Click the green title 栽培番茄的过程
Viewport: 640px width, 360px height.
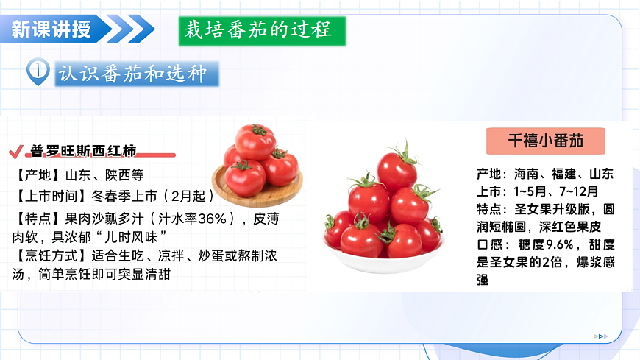click(x=261, y=30)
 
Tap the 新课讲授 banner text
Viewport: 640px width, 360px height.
click(x=51, y=29)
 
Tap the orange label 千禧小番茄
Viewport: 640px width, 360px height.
click(x=545, y=141)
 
